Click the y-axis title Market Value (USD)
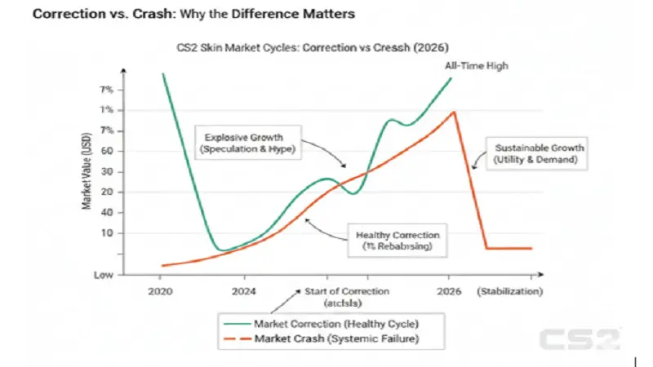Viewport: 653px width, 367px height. (x=86, y=173)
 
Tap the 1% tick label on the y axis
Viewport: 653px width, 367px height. (x=106, y=110)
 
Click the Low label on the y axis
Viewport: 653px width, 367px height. (x=103, y=275)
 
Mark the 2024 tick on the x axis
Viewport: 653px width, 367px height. (x=244, y=291)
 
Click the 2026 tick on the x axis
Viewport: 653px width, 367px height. (x=449, y=291)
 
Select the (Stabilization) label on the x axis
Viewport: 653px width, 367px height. (x=510, y=291)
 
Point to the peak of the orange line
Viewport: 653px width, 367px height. (x=454, y=112)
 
